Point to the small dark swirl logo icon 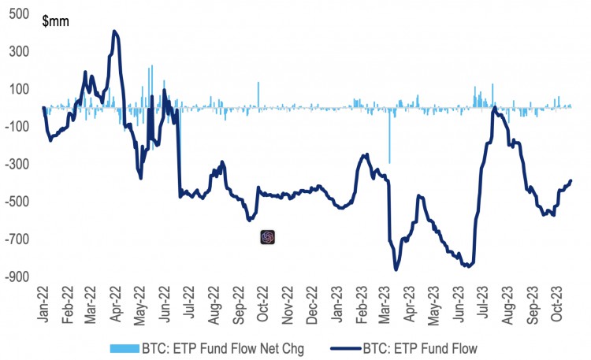tap(268, 236)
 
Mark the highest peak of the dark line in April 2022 tap(115, 32)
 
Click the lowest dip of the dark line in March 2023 tap(396, 269)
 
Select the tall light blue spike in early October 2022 tap(258, 93)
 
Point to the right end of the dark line tap(571, 181)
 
